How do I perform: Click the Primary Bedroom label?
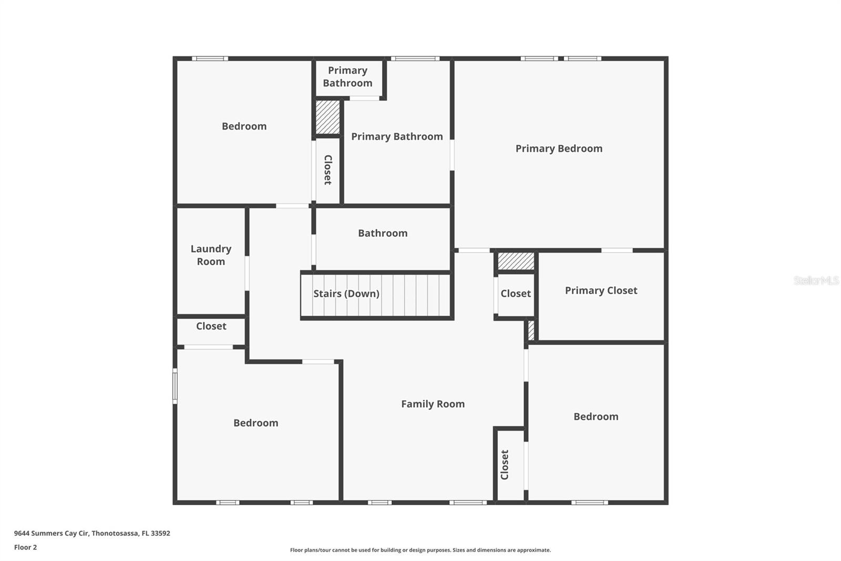tap(559, 148)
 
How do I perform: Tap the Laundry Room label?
tap(211, 255)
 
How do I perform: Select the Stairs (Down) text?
tap(346, 294)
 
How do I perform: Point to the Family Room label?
tap(433, 404)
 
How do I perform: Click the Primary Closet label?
tap(601, 290)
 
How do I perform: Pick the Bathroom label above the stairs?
tap(383, 233)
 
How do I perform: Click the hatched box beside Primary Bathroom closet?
tap(327, 117)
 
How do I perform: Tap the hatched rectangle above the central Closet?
tap(516, 261)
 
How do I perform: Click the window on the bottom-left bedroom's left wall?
tap(175, 386)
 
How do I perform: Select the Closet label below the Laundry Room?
tap(211, 326)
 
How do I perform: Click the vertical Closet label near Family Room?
tap(505, 465)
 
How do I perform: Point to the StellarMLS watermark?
tap(816, 280)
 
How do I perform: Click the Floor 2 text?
tap(25, 547)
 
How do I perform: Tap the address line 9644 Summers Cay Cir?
tap(92, 533)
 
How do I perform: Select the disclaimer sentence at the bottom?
tap(420, 550)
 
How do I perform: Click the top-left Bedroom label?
tap(244, 126)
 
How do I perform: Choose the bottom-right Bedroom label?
tap(596, 417)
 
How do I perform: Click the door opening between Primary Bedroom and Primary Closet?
tap(617, 251)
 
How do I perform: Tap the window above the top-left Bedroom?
tap(210, 58)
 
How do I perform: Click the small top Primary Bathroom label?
tap(347, 77)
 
